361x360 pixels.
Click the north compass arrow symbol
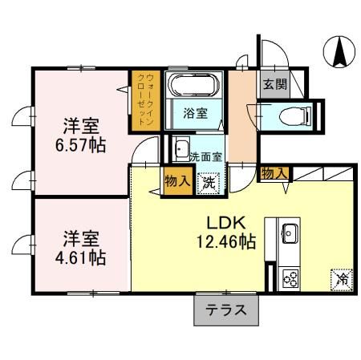pos(339,51)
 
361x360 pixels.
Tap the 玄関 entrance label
pos(274,84)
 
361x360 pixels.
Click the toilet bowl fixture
pos(295,116)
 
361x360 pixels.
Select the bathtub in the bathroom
pos(194,84)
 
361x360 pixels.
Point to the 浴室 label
pos(195,113)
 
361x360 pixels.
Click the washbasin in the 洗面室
pos(181,148)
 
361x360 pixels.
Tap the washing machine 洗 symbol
pos(209,184)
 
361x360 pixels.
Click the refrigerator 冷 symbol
pos(342,280)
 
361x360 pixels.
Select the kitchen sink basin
pos(290,233)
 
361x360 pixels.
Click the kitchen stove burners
pos(290,278)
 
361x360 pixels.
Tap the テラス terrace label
pos(225,310)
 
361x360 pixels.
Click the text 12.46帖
pos(226,242)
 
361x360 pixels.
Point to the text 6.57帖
pos(80,145)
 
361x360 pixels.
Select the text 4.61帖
pos(80,257)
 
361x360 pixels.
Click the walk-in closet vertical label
pos(145,99)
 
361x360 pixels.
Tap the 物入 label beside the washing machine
pos(177,181)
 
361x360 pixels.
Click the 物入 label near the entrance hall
pos(274,173)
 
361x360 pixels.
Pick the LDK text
pos(226,223)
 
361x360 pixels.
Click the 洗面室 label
pos(206,157)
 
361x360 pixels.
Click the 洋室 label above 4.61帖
pos(81,239)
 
